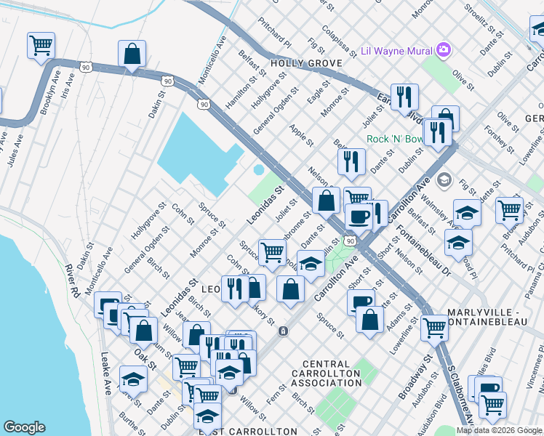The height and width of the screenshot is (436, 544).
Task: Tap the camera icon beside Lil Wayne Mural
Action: (x=443, y=49)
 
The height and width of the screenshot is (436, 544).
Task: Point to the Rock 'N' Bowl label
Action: (x=393, y=139)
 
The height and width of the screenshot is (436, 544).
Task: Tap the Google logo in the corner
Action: (x=25, y=427)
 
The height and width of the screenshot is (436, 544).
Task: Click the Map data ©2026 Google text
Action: (x=500, y=430)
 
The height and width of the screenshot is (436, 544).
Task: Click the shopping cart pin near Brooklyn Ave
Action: (x=41, y=45)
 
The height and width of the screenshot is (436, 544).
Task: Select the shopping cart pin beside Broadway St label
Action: (x=434, y=327)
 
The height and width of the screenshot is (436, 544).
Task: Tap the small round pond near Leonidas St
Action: (x=259, y=170)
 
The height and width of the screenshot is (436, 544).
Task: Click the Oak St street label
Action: (x=145, y=355)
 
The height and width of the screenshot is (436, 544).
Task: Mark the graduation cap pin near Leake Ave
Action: (x=134, y=379)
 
